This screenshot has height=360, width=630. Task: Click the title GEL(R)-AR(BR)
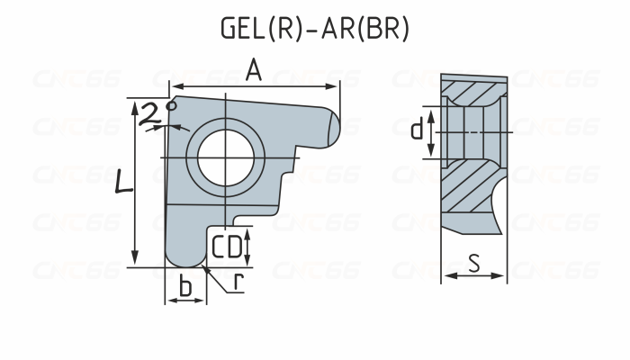click(314, 29)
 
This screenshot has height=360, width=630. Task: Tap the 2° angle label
click(158, 112)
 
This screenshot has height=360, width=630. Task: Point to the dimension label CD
click(227, 246)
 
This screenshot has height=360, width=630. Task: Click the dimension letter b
click(185, 286)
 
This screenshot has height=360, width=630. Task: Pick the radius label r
click(238, 282)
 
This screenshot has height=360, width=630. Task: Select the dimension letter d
click(416, 130)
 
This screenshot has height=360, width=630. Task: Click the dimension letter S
click(474, 263)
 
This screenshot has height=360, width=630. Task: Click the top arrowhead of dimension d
click(431, 113)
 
